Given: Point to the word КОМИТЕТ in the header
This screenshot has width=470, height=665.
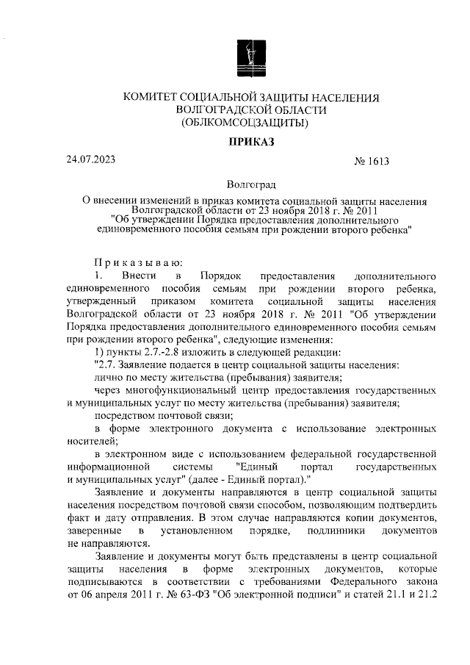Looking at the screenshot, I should point(153,98).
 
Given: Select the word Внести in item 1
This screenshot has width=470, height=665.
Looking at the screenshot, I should point(142,276).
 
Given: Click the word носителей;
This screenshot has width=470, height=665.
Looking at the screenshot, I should point(92,441).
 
